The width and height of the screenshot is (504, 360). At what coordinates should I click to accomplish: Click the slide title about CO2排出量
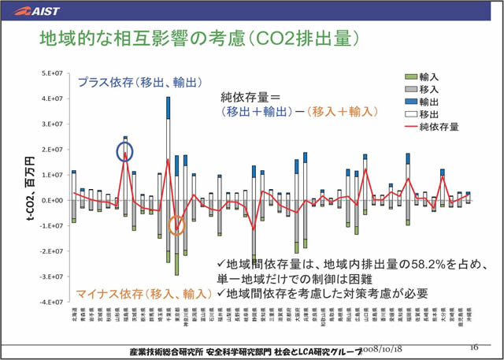point(200,38)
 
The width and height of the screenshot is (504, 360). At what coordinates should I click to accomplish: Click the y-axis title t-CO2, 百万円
point(29,189)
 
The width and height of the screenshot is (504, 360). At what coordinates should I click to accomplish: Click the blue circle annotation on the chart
point(124,152)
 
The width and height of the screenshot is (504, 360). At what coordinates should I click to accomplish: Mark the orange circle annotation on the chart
point(177,227)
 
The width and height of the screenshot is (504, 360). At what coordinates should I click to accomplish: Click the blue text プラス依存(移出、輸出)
point(140,82)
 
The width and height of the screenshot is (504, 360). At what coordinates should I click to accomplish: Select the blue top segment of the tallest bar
point(168,108)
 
